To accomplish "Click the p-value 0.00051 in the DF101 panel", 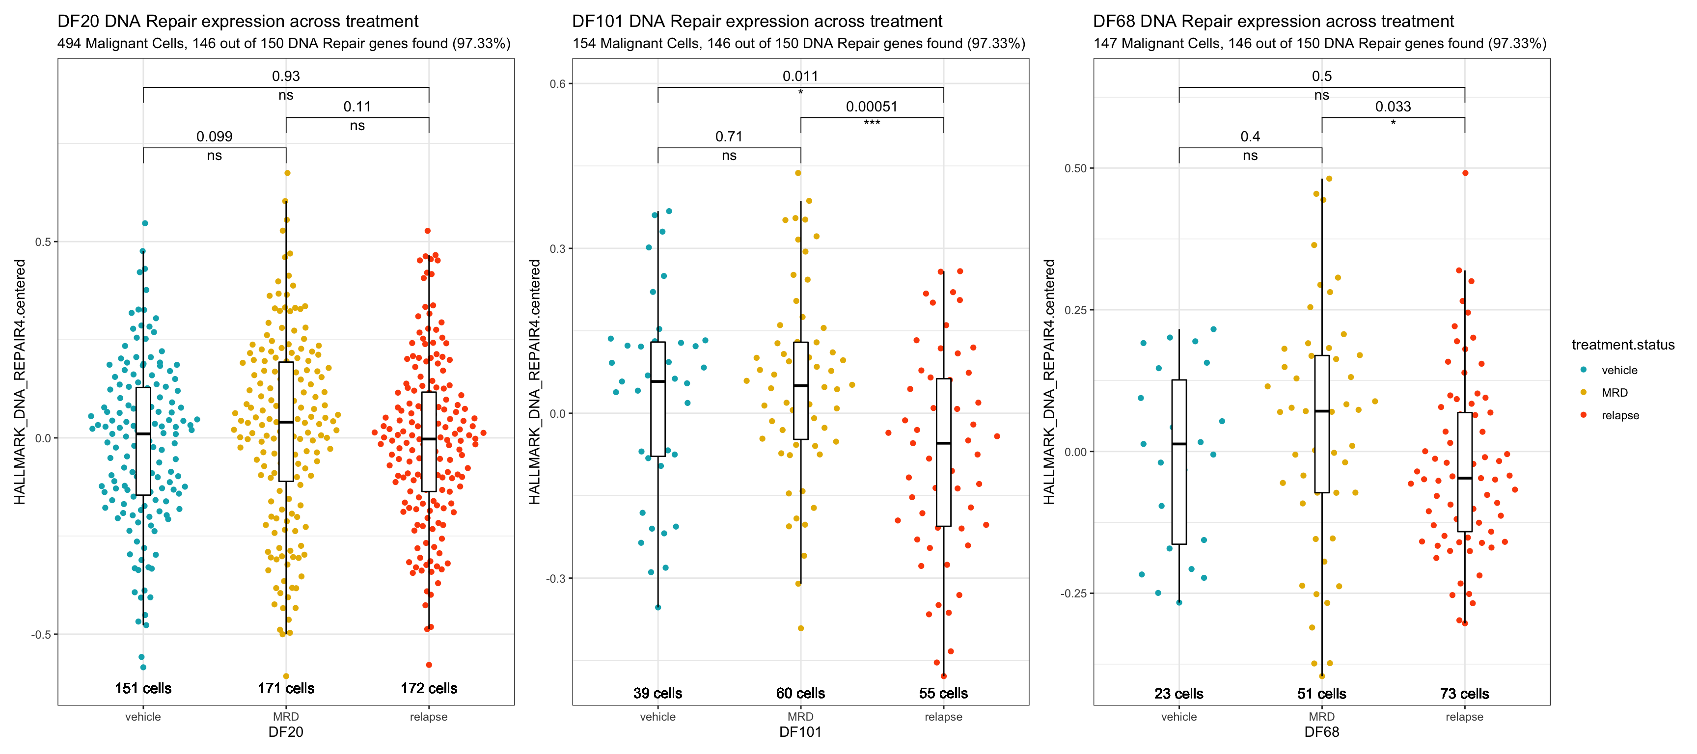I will [x=871, y=107].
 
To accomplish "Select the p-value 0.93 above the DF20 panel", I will [x=285, y=77].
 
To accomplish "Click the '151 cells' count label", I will [x=143, y=688].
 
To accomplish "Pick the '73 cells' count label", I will [x=1464, y=694].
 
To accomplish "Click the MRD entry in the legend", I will [x=1614, y=393].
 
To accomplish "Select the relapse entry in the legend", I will [x=1620, y=415].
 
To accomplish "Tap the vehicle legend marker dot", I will [x=1583, y=370].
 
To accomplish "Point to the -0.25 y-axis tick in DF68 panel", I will [x=1072, y=593].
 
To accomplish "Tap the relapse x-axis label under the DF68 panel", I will [x=1464, y=717].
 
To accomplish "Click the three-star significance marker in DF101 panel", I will [x=871, y=123].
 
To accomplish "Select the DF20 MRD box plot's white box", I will [x=286, y=422].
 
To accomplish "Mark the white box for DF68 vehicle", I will [x=1178, y=461].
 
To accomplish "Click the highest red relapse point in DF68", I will [x=1465, y=173].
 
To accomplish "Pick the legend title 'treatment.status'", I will [x=1622, y=345].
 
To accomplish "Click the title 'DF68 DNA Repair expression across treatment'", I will [x=1273, y=21].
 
